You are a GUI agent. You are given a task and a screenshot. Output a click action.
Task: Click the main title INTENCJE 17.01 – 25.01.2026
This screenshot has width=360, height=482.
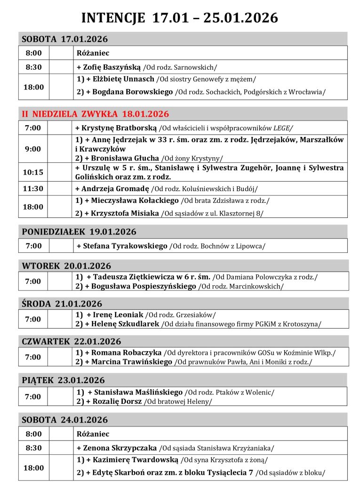coord(180,18)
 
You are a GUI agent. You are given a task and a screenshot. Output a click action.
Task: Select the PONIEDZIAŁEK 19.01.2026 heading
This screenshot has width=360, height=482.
coord(79,232)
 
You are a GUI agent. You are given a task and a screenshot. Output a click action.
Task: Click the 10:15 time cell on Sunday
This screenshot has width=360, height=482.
coord(33,172)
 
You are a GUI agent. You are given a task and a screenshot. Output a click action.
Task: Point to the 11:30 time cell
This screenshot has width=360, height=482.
coord(33,189)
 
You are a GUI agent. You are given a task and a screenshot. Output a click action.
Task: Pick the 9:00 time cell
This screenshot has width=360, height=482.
coord(33,149)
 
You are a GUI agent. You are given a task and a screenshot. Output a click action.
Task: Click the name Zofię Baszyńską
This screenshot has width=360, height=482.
coord(111,67)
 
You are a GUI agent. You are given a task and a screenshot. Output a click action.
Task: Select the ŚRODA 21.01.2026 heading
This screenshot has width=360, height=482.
coord(62,304)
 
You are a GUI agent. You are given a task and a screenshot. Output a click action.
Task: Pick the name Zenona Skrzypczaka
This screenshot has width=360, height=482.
coord(119,448)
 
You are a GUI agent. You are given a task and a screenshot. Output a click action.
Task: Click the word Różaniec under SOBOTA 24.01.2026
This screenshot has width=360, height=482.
coord(93,434)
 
